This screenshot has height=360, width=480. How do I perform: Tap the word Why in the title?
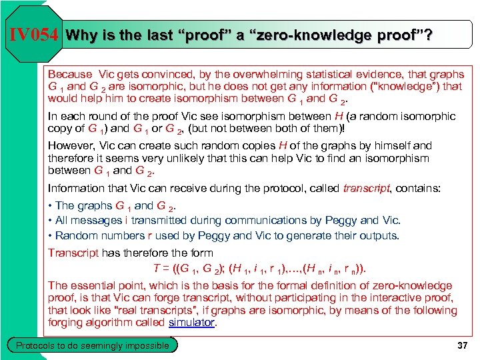[x=81, y=35]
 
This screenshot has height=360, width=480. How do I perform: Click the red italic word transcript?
[x=364, y=189]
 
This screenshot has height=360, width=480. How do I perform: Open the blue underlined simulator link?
[x=191, y=323]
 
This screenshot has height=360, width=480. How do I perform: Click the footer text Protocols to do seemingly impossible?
[x=92, y=345]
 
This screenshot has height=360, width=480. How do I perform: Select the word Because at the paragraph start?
[x=71, y=74]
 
